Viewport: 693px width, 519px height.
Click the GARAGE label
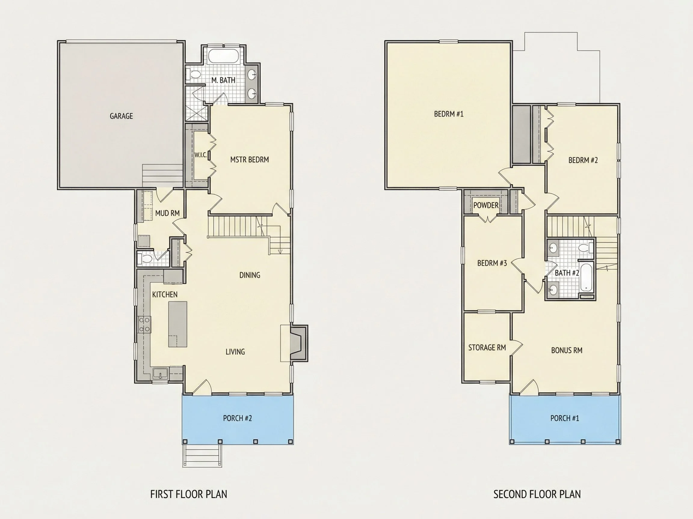[121, 116]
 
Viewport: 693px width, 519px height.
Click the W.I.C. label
[201, 155]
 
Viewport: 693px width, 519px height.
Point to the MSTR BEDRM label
[249, 159]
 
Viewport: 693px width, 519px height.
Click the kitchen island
[178, 324]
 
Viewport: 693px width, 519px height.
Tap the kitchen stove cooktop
[144, 324]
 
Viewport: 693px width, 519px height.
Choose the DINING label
[250, 275]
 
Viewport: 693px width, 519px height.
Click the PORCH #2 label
[238, 418]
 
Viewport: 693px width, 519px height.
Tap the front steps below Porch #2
[202, 456]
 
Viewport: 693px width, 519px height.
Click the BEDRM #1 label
[449, 114]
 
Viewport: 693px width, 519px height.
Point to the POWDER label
[486, 205]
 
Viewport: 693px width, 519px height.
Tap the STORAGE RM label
[487, 348]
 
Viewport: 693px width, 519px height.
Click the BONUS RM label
[567, 351]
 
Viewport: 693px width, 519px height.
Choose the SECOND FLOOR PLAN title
[537, 494]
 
